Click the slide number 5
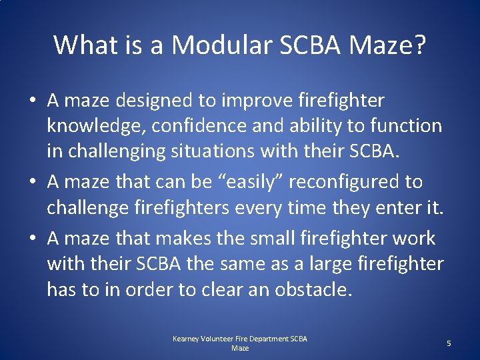[449, 343]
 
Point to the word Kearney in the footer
[186, 339]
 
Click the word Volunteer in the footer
[221, 339]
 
